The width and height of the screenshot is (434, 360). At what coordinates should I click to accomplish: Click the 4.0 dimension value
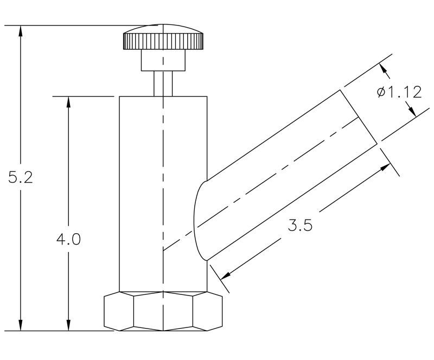point(68,239)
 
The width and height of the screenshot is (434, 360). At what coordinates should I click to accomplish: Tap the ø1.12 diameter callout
point(399,92)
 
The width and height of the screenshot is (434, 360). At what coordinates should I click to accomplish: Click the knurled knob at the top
point(163,41)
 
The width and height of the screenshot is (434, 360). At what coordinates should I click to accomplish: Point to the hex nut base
point(163,311)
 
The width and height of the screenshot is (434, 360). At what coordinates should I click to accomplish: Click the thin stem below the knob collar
point(163,83)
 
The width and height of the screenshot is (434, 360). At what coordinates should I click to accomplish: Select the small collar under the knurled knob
point(163,61)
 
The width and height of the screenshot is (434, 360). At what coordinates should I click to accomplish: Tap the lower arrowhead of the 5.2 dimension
point(21,325)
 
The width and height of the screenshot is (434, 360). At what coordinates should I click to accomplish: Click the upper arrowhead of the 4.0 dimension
point(68,102)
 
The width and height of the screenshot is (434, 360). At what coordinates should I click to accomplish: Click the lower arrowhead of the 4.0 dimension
point(68,325)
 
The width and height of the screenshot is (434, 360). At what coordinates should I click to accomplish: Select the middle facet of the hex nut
point(163,312)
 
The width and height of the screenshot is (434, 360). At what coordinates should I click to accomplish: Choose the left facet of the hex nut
point(118,312)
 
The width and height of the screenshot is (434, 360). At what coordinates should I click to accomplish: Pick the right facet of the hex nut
point(208,312)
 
